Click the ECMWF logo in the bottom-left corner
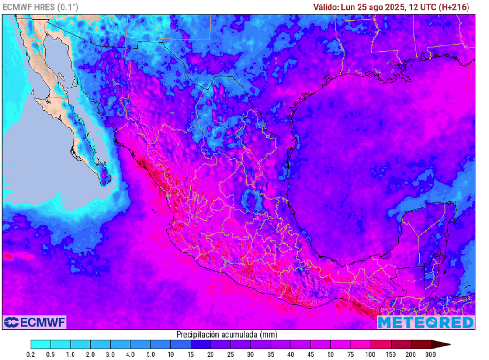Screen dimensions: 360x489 coord(34,322)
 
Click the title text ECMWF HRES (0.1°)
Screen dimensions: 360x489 coord(41,7)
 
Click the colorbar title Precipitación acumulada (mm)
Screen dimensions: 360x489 coord(227,334)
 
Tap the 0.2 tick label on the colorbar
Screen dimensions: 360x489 coord(31,355)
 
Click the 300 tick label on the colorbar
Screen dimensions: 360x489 coord(431,355)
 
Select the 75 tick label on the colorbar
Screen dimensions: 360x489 coord(351,355)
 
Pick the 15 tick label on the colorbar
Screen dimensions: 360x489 coord(191,355)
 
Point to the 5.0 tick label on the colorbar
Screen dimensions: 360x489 coord(150,355)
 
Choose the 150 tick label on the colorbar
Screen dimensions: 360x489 coord(391,355)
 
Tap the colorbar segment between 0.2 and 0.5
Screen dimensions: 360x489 coord(41,344)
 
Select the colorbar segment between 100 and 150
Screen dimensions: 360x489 coord(381,344)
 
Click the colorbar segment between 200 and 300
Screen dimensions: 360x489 coord(421,344)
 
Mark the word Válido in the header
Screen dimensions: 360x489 coord(326,7)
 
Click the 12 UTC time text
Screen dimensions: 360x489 coord(420,7)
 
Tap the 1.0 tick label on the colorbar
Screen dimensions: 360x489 coord(71,355)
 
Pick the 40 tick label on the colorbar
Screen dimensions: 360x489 coord(290,355)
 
